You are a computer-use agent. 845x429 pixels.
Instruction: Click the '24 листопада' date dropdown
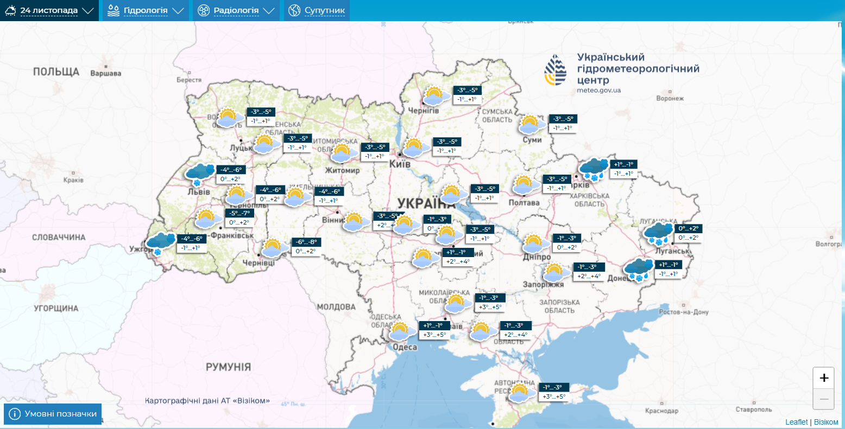click(49, 10)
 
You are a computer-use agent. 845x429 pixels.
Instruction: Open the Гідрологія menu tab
click(146, 10)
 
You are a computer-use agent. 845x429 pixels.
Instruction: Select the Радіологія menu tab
click(236, 10)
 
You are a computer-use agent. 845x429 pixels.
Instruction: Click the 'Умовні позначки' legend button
click(53, 414)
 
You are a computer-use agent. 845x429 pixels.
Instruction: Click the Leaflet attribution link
click(796, 422)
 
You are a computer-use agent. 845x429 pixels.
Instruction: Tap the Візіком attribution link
click(826, 422)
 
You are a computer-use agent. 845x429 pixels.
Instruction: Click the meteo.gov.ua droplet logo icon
click(556, 71)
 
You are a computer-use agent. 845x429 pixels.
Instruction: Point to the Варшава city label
click(106, 73)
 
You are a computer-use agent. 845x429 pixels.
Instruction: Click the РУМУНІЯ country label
click(228, 367)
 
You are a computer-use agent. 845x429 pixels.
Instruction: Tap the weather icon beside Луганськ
click(659, 233)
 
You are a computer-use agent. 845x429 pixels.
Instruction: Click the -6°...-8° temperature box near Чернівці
click(306, 242)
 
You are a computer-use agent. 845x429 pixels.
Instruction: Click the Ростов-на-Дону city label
click(684, 312)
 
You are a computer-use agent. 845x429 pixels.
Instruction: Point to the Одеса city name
click(405, 347)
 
